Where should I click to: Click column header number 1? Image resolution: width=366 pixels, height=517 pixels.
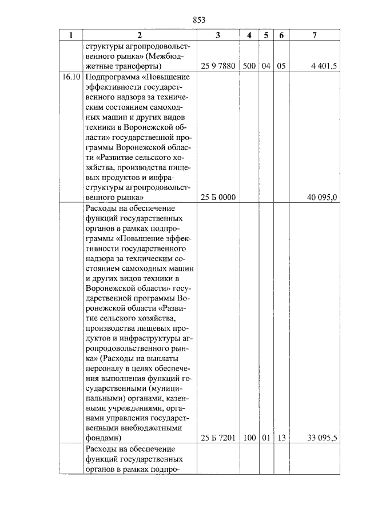click(71, 35)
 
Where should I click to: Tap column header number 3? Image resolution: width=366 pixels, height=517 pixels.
click(218, 35)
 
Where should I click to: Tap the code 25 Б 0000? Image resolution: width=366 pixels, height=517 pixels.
click(219, 197)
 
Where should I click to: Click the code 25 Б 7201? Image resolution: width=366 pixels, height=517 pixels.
click(219, 438)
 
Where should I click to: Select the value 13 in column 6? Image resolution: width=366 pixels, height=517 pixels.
click(281, 438)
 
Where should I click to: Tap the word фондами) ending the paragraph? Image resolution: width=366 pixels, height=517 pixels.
click(103, 438)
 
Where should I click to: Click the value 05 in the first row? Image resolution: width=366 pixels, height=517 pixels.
click(281, 66)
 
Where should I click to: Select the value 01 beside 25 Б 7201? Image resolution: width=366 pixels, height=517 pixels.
click(266, 438)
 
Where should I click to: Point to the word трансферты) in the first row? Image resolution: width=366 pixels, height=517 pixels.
click(137, 66)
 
